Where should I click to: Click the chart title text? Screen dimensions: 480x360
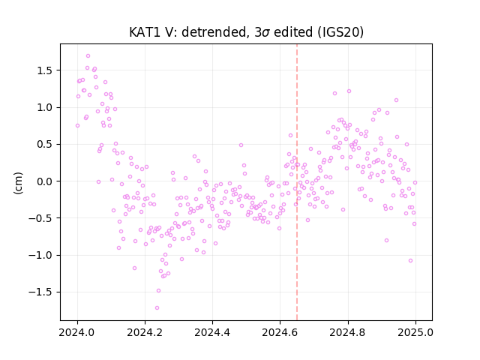(x=246, y=32)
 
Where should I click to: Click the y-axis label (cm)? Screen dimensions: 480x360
(x=18, y=183)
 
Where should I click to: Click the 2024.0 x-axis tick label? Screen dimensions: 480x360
(x=77, y=332)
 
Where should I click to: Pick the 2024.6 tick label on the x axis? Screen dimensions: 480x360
(x=280, y=332)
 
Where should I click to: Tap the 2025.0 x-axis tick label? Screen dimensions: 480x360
(x=415, y=332)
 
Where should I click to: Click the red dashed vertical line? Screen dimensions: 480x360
(x=297, y=182)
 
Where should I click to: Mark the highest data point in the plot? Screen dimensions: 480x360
(x=88, y=56)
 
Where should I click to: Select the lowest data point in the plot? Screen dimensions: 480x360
(x=157, y=307)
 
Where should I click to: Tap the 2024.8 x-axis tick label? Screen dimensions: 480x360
(x=347, y=332)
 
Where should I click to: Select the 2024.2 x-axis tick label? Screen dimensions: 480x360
(x=145, y=332)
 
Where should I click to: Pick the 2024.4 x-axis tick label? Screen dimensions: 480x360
(x=212, y=332)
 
